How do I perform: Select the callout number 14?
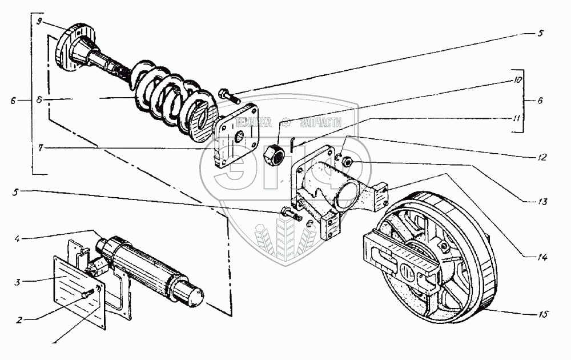(x=542, y=258)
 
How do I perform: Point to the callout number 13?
(x=542, y=202)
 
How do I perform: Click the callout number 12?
(x=542, y=157)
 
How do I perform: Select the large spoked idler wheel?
(x=437, y=257)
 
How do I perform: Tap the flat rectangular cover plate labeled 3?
(x=74, y=286)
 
